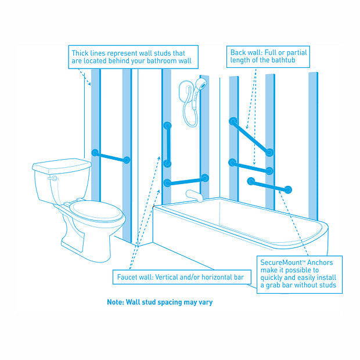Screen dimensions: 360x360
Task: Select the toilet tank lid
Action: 62,165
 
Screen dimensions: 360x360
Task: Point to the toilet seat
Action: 95,210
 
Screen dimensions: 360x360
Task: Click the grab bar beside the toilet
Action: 110,156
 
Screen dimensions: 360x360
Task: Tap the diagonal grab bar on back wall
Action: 251,137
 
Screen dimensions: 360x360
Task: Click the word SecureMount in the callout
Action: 282,262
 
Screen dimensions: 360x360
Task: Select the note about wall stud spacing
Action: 163,303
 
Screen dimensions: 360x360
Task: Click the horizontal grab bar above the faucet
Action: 186,180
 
